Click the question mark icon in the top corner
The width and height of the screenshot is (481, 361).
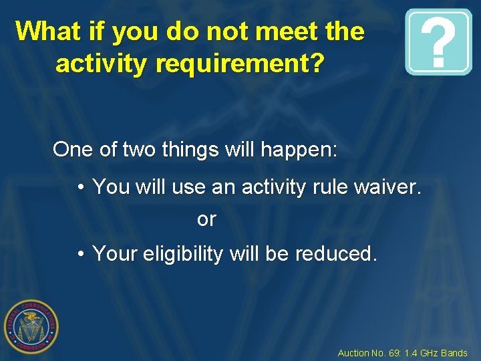pos(438,41)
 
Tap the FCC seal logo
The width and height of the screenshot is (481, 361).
pos(31,326)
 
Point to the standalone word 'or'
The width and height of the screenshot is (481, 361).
pos(206,220)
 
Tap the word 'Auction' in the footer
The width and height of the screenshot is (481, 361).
pos(353,353)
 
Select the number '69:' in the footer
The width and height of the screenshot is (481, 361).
pos(393,353)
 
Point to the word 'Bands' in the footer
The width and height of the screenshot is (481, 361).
pos(455,353)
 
